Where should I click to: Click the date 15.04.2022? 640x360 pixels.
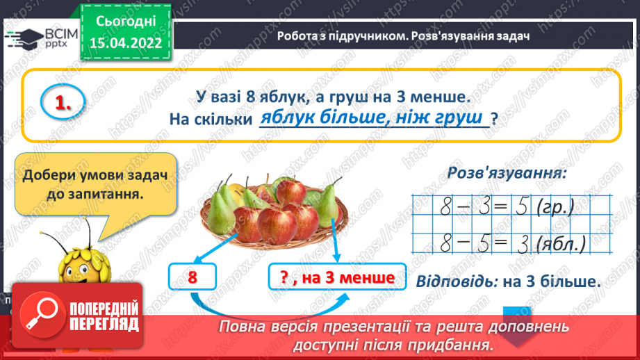point(126,42)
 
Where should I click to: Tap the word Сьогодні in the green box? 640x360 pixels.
point(126,22)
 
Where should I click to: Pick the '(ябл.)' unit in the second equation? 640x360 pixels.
point(565,243)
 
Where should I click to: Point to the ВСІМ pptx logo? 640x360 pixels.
point(34,35)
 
